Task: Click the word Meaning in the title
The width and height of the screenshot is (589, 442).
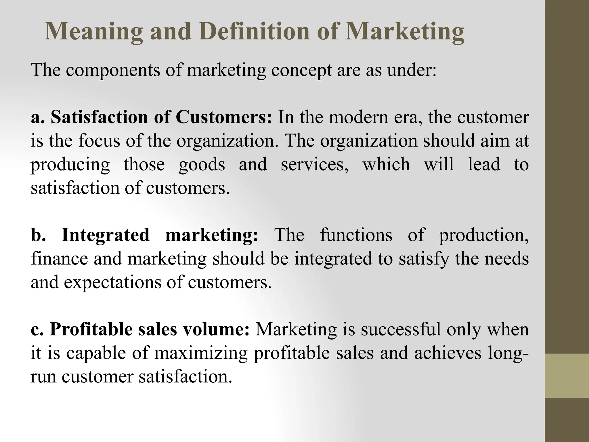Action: coord(94,32)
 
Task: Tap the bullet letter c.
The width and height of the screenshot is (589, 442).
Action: coord(36,329)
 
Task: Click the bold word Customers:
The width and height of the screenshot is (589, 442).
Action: coord(223,117)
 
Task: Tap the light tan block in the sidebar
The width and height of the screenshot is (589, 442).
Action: coord(567,376)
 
